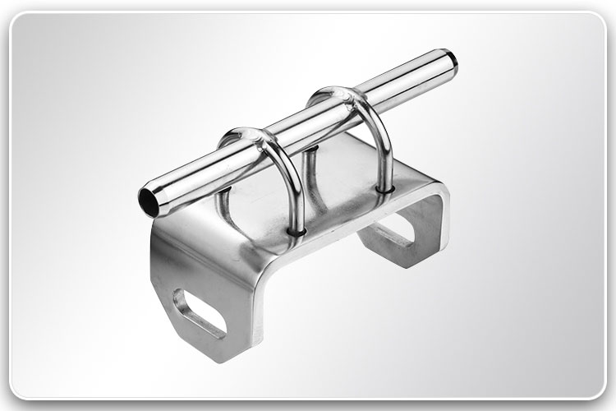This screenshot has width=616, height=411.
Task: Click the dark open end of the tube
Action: pos(148,199)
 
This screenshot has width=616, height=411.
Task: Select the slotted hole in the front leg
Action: pos(200,316)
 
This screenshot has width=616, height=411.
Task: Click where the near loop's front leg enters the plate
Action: pos(297,233)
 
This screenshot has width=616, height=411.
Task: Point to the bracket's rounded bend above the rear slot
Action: pos(439,197)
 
